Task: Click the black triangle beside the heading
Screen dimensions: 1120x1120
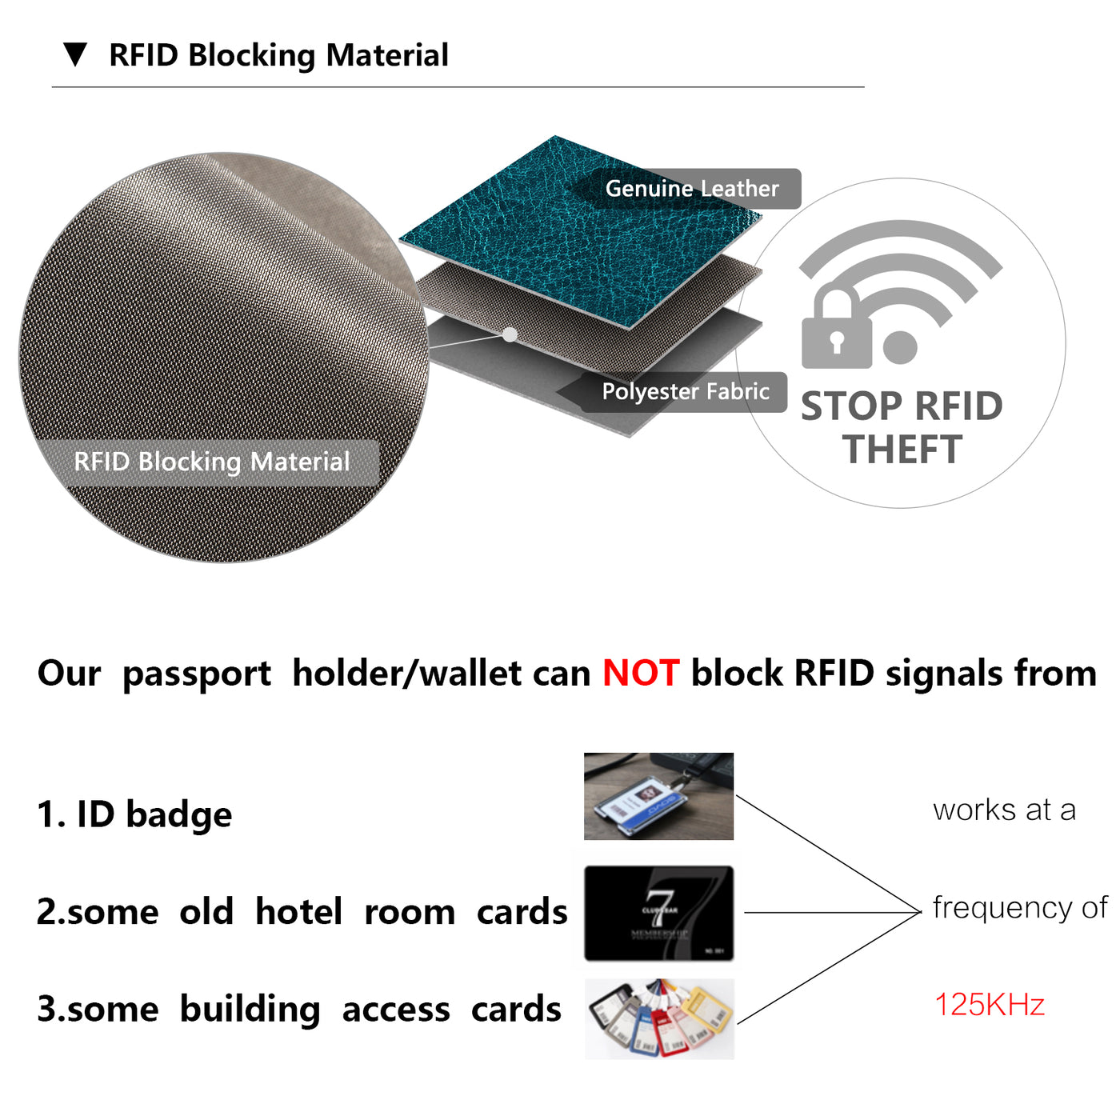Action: (x=75, y=54)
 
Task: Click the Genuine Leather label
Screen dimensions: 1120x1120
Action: (x=692, y=189)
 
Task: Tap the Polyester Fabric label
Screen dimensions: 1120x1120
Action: (x=686, y=391)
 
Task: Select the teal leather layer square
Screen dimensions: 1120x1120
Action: (x=560, y=232)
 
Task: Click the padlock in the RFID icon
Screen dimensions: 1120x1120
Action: (x=836, y=332)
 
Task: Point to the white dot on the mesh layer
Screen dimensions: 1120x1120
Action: (x=510, y=335)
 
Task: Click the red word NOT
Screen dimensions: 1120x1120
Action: (x=641, y=673)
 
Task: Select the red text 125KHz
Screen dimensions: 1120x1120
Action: (x=990, y=1005)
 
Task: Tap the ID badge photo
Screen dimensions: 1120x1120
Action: (x=658, y=796)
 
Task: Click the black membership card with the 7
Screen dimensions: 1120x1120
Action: (x=658, y=913)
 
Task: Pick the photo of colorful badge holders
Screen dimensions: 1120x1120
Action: (x=659, y=1018)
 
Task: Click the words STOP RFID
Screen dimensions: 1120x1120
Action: (x=902, y=406)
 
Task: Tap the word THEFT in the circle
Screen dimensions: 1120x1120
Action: (x=902, y=449)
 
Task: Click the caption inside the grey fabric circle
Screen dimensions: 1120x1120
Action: (x=212, y=462)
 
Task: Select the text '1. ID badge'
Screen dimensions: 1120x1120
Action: (x=134, y=814)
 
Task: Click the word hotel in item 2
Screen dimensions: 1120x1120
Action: (x=298, y=912)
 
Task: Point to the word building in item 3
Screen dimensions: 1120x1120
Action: (x=250, y=1010)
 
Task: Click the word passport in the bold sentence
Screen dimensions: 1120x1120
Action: (x=197, y=674)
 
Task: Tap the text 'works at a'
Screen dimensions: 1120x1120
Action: (x=1004, y=810)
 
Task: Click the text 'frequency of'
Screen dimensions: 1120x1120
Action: (x=1020, y=907)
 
